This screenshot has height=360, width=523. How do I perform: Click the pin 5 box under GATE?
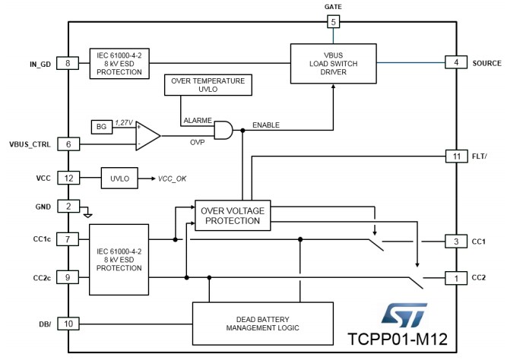333,22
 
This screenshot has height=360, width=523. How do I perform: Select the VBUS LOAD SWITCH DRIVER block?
334,63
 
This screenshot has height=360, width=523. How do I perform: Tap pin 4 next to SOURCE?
456,63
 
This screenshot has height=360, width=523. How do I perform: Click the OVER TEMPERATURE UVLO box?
208,85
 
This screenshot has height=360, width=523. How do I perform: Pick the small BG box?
102,127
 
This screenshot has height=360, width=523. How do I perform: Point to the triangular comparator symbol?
148,136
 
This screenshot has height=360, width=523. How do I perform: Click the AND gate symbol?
223,130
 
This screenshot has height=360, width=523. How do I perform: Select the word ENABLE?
266,125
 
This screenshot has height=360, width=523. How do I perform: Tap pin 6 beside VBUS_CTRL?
68,144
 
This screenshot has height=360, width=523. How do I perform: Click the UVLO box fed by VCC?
119,178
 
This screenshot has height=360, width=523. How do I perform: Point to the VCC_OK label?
172,179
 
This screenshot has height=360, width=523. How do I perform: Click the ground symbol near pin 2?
87,213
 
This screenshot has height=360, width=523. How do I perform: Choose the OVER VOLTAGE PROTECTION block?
233,216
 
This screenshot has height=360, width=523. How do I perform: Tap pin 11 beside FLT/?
457,156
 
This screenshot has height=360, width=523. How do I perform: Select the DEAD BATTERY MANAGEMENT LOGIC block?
263,324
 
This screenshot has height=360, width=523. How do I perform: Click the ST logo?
404,315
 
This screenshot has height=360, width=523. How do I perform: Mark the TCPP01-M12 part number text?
398,339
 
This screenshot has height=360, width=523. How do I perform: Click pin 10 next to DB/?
68,324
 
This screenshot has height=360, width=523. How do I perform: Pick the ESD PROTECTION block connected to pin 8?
119,64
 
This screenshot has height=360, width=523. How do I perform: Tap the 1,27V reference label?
124,123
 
